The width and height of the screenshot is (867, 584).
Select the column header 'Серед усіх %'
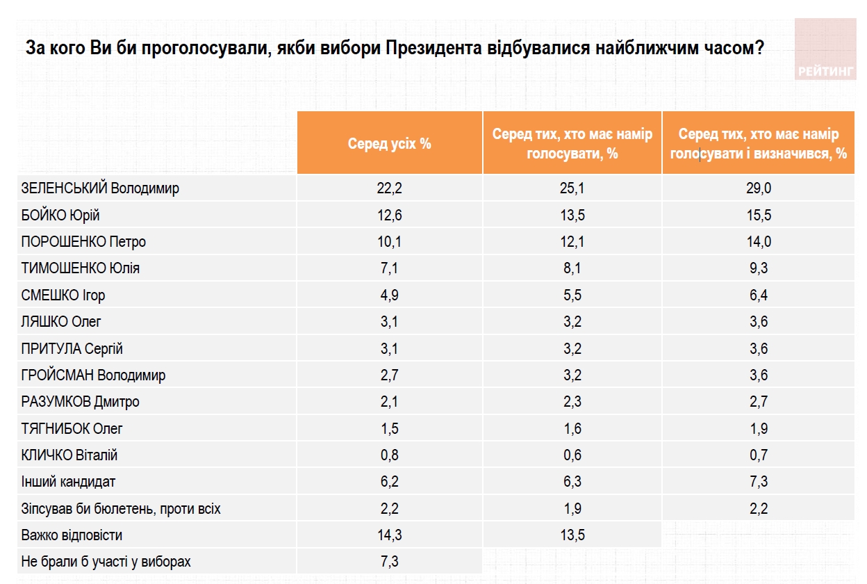coord(390,144)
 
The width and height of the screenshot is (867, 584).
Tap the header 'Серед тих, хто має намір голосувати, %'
coord(572,144)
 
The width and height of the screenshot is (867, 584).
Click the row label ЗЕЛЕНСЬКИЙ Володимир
coord(101,188)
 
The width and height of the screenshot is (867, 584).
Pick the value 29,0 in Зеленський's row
coord(759,188)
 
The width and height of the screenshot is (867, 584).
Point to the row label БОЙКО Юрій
coord(66,216)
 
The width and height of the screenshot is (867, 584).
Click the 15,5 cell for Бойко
coord(759,216)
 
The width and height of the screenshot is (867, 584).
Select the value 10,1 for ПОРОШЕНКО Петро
coord(390,242)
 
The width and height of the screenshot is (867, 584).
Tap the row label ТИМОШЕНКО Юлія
coord(81,268)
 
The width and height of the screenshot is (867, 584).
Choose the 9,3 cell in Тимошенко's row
coord(759,268)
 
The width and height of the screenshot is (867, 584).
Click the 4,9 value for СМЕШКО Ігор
coord(390,295)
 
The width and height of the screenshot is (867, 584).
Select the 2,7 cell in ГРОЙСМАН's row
coord(390,375)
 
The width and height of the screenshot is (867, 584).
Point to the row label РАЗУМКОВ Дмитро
coord(81,402)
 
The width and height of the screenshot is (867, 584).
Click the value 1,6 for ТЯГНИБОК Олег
coord(572,429)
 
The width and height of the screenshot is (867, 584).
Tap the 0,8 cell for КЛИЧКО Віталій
coord(390,455)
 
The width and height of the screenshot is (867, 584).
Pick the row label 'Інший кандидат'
coord(69,482)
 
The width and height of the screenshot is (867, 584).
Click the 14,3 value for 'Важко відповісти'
coord(390,535)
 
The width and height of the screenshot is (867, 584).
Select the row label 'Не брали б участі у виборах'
coord(106,562)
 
